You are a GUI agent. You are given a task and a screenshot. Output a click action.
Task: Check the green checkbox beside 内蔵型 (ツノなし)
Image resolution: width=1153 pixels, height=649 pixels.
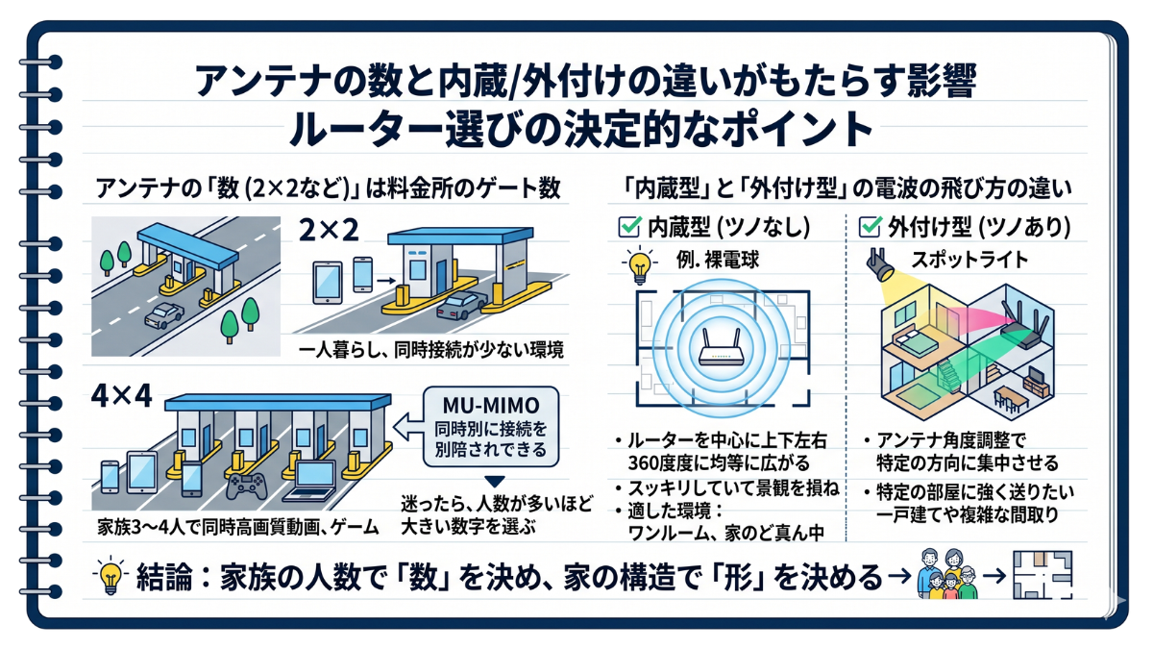629,227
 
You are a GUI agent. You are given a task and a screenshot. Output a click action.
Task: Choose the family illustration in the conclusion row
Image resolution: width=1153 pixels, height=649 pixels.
947,574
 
